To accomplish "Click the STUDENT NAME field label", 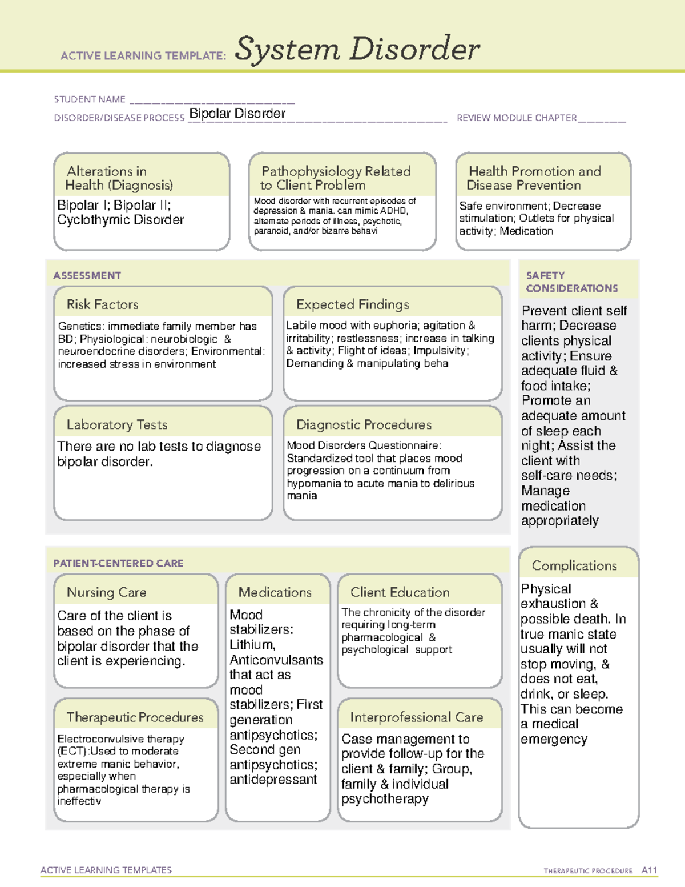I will point(90,99).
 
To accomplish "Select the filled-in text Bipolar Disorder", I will point(237,114).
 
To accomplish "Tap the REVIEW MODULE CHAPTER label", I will point(517,118).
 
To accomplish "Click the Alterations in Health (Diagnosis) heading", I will point(119,178).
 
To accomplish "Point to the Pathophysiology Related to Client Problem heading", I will point(336,178).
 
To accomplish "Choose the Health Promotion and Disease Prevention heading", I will point(534,178).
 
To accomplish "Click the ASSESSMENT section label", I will point(87,275).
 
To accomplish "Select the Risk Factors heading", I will point(102,304).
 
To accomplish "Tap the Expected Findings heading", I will point(352,304).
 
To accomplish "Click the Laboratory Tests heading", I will point(116,425).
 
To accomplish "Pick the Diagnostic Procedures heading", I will point(364,425).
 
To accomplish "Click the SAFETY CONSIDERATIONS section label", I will point(571,282).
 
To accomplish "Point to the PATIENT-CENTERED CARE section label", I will point(118,563).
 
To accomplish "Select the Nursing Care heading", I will point(106,592).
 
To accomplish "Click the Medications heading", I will point(275,592).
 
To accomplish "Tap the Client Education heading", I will point(400,592).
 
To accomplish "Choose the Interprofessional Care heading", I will point(416,717).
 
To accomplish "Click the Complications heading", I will point(574,565).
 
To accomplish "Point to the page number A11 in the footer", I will point(649,870).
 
